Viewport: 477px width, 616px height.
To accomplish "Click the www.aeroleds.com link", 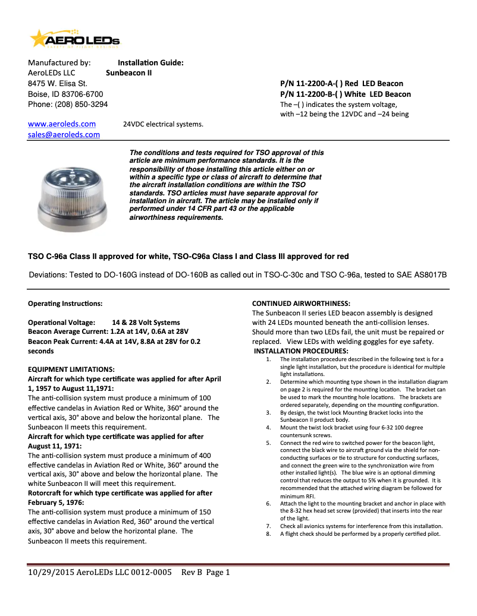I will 62,124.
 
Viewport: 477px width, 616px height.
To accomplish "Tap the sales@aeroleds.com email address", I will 64,135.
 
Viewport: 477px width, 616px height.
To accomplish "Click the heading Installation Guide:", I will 150,63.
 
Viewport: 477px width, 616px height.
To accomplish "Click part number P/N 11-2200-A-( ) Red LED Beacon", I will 341,84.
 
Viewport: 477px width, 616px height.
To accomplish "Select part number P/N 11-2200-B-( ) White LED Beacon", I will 345,94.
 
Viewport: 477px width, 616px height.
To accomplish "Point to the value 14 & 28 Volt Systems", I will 146,322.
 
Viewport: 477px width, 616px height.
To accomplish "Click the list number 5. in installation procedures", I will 268,443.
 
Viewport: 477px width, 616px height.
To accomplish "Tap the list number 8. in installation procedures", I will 268,534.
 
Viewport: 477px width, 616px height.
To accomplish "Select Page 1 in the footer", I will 218,573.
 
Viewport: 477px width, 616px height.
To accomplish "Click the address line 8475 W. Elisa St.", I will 58,84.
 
